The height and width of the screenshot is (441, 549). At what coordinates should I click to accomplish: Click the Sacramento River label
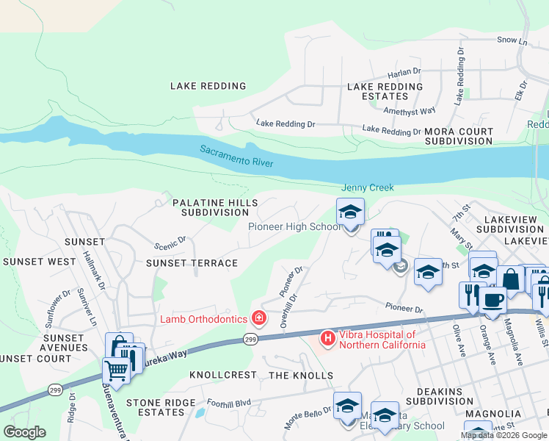click(236, 155)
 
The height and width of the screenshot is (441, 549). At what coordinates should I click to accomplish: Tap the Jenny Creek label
click(367, 188)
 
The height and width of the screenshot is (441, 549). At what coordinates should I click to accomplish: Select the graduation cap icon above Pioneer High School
click(351, 212)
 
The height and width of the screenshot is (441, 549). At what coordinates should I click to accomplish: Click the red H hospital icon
click(327, 339)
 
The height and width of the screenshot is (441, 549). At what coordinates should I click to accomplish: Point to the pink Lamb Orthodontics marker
click(258, 318)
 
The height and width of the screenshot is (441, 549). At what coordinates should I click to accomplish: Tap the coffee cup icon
click(492, 300)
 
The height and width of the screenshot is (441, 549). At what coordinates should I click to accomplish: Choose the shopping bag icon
click(511, 279)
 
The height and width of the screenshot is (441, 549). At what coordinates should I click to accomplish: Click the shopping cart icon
click(116, 369)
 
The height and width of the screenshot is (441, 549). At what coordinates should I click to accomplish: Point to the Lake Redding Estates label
click(385, 91)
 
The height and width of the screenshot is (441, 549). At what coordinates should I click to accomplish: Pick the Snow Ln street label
click(512, 40)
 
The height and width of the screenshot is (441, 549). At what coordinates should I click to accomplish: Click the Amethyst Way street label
click(411, 110)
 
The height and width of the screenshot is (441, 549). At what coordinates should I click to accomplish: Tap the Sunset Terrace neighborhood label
click(192, 262)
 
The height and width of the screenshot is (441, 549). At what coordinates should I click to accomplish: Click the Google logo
click(24, 432)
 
